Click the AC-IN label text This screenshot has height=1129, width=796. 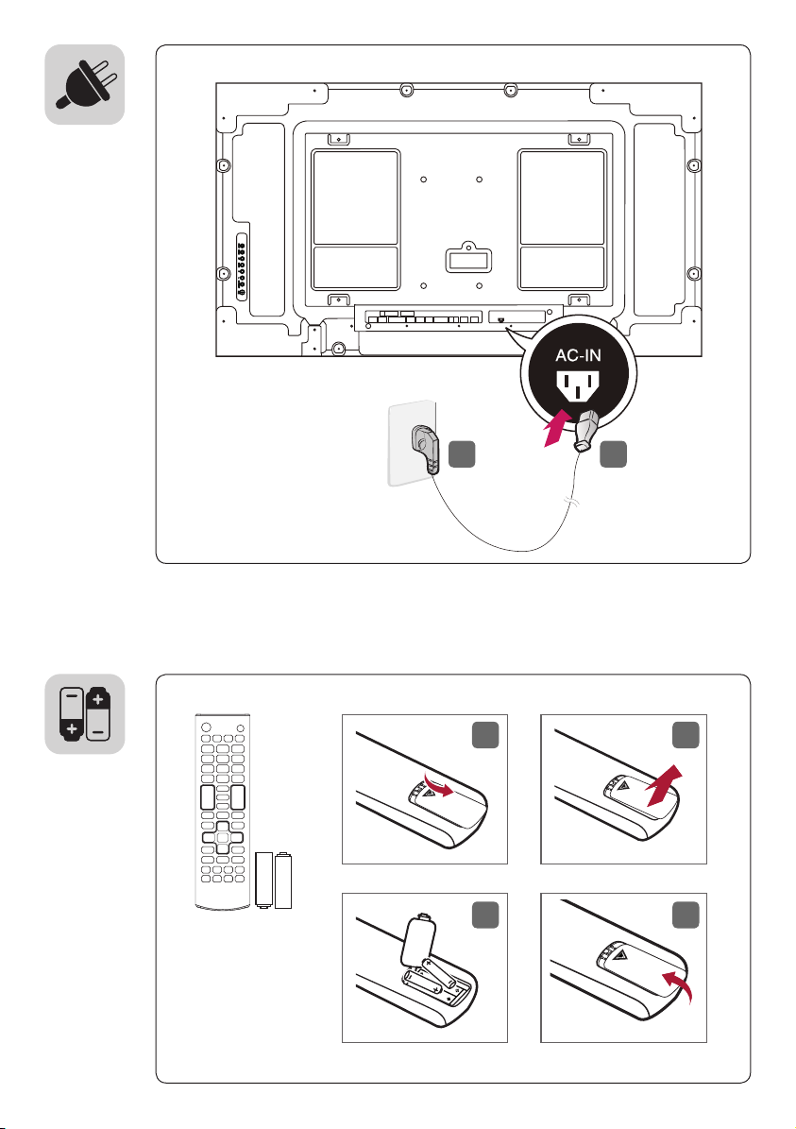click(x=578, y=355)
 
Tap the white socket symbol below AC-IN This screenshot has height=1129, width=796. click(x=578, y=385)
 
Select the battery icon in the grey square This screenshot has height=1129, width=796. click(x=85, y=713)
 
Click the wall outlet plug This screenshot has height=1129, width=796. click(x=424, y=447)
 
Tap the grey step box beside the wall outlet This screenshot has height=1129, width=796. click(x=462, y=454)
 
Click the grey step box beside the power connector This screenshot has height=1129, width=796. click(x=613, y=454)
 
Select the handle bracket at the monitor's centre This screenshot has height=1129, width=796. click(x=469, y=257)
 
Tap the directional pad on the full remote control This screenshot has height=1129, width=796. click(x=223, y=837)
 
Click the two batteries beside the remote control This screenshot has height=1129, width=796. click(x=274, y=880)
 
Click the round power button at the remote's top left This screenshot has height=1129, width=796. click(x=206, y=727)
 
